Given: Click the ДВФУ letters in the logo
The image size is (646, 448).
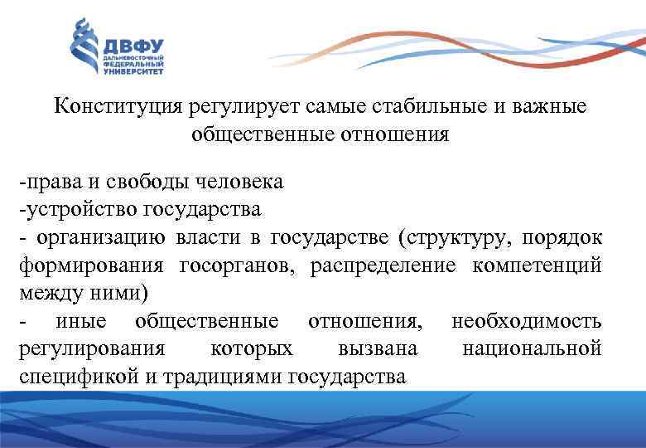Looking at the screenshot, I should [x=133, y=46].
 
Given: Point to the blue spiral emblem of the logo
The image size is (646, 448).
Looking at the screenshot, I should [x=83, y=47].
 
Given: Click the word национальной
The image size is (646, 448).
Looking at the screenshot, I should [x=532, y=348].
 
